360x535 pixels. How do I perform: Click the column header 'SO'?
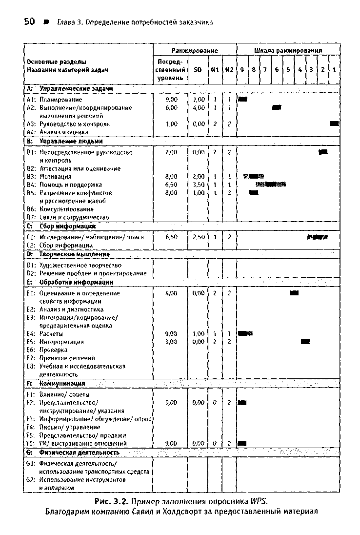point(198,70)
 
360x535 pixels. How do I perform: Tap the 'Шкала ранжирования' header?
point(288,50)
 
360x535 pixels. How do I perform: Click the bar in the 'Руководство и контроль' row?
point(334,124)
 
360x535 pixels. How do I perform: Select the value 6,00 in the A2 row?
point(171,107)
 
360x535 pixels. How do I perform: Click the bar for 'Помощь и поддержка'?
point(270,185)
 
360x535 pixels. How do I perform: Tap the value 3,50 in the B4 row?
point(198,185)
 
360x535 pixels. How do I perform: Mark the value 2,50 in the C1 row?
point(198,237)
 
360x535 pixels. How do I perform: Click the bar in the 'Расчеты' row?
point(245,333)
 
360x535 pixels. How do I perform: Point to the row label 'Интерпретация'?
point(61,342)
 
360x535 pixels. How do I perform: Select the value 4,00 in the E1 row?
point(171,293)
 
